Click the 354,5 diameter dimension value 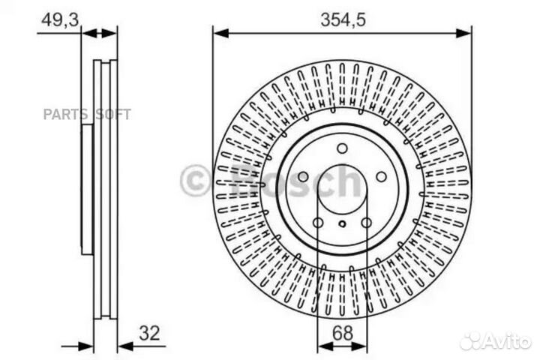pos(342,21)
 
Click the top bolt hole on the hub pos(342,148)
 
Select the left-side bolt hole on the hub pos(303,177)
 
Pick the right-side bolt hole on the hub pos(381,177)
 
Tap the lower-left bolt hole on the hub pos(317,223)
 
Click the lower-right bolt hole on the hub pos(366,223)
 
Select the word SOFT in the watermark pos(112,115)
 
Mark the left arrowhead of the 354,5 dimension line pos(218,32)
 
